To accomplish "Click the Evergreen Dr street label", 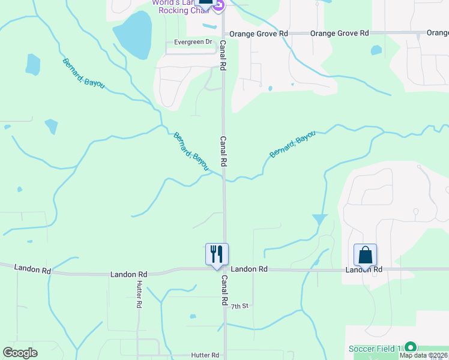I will coord(193,42).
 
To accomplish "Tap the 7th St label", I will coord(240,306).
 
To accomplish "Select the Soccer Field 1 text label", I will coord(376,349).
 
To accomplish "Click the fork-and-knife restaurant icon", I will coord(217,253).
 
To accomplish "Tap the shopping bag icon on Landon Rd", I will coord(365,255).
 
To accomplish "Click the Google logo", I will coord(20,353).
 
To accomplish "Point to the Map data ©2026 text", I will coord(423,355).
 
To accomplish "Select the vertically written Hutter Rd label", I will coord(139,295).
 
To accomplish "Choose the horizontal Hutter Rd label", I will coord(205,355).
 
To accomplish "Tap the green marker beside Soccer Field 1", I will coord(411,347).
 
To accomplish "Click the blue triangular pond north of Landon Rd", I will coord(320,220).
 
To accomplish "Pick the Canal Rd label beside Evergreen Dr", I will coord(223,56).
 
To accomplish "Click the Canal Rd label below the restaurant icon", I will coord(224,291).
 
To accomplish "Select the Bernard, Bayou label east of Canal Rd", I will coord(292,145).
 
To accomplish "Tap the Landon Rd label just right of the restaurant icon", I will coord(249,269).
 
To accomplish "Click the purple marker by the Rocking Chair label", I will coord(219,5).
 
